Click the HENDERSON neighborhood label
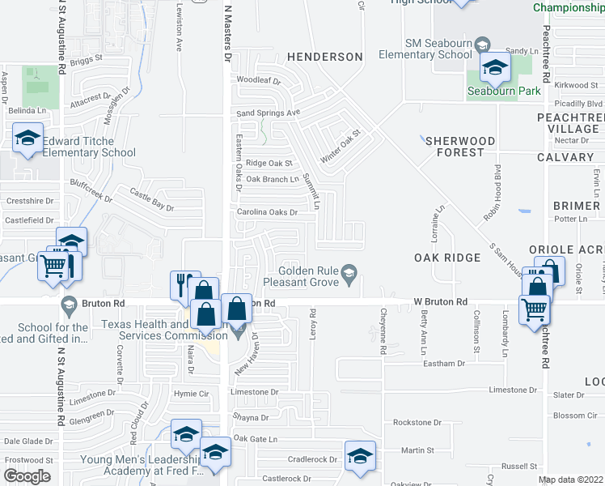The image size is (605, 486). pyautogui.click(x=324, y=57)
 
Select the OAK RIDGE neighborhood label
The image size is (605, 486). pyautogui.click(x=447, y=258)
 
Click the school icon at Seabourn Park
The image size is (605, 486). pyautogui.click(x=494, y=68)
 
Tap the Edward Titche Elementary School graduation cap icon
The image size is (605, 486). pyautogui.click(x=27, y=138)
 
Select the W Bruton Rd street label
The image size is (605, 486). pyautogui.click(x=441, y=301)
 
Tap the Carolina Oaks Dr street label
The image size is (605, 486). pyautogui.click(x=267, y=212)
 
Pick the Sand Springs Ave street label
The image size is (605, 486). pyautogui.click(x=268, y=113)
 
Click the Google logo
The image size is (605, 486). pyautogui.click(x=27, y=475)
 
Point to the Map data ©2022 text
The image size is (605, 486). pyautogui.click(x=570, y=480)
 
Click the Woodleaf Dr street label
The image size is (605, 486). pyautogui.click(x=258, y=81)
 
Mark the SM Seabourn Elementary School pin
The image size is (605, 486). pyautogui.click(x=483, y=43)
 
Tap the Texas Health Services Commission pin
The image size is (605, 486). pyautogui.click(x=237, y=330)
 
